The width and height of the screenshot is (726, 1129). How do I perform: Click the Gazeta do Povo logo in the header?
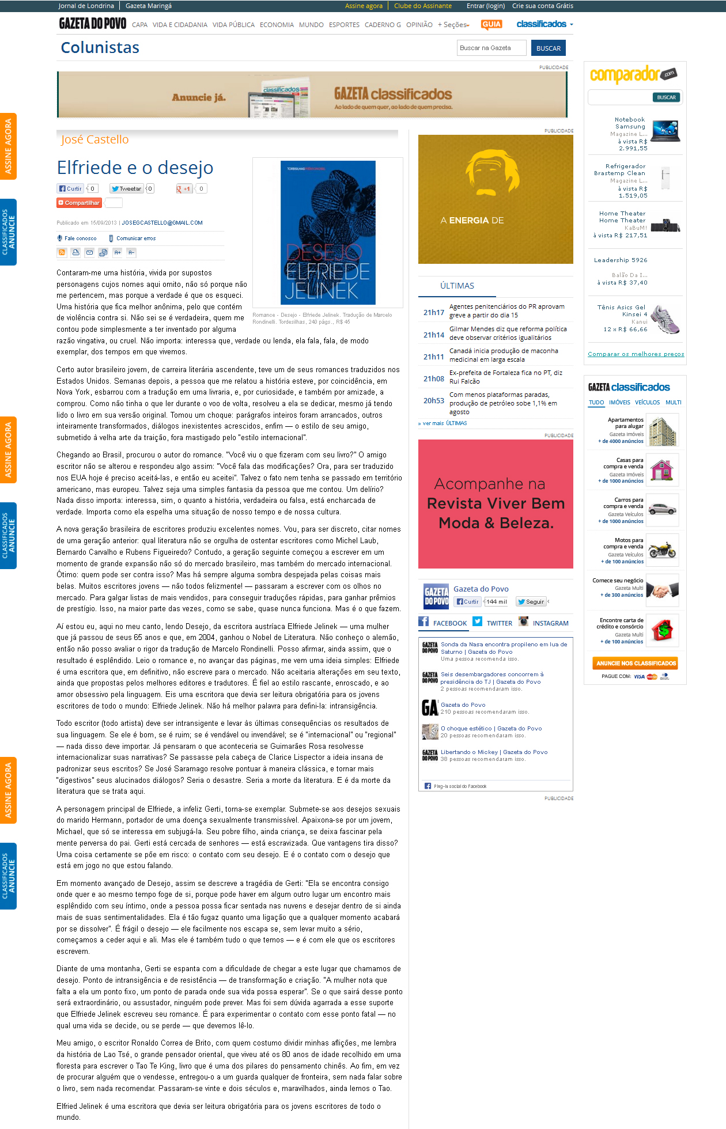92,24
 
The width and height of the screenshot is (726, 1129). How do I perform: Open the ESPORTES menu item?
344,25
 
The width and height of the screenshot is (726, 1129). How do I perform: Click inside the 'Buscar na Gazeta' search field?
491,48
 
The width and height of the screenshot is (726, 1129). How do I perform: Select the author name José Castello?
95,139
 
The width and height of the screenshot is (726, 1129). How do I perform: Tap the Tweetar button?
127,188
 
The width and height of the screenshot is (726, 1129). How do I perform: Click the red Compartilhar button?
80,203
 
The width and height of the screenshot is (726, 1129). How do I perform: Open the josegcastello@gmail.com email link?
162,223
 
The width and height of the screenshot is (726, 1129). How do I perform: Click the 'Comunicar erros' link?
135,238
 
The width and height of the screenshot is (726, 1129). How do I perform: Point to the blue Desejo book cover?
328,233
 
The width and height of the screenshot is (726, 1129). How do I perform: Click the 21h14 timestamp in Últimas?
434,335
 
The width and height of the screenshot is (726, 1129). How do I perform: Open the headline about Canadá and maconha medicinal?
503,355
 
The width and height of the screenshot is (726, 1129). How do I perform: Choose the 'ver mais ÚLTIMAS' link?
443,423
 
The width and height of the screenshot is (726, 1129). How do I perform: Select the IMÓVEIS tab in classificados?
619,403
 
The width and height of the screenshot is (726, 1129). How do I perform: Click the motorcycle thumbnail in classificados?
662,550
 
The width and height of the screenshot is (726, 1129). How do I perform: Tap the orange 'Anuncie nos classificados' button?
636,663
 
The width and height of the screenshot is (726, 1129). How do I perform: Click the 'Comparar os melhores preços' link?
636,354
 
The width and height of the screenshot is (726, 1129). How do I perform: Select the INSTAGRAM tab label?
550,623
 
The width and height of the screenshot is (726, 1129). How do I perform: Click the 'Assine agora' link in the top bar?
364,6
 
